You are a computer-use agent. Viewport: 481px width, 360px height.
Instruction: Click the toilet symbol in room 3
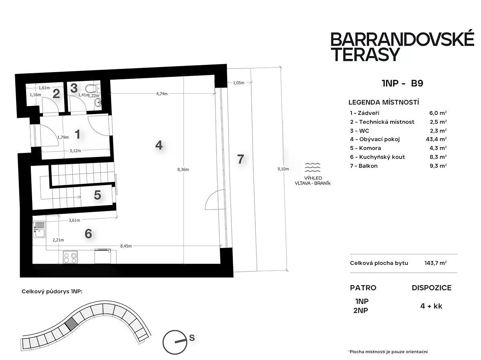pyautogui.click(x=92, y=88)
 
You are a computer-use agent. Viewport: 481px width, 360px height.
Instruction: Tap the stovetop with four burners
pyautogui.click(x=70, y=257)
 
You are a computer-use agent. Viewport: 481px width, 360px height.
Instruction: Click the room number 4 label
pyautogui.click(x=159, y=145)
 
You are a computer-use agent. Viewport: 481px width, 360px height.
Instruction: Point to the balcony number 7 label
pyautogui.click(x=240, y=159)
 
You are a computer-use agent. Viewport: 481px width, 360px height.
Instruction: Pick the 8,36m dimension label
pyautogui.click(x=183, y=169)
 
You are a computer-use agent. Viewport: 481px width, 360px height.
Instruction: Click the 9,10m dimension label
pyautogui.click(x=283, y=169)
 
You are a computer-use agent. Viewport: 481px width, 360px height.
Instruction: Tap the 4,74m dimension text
pyautogui.click(x=162, y=94)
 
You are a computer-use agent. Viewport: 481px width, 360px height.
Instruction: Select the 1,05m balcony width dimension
pyautogui.click(x=238, y=83)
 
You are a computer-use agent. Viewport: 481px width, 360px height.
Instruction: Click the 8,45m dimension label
pyautogui.click(x=126, y=246)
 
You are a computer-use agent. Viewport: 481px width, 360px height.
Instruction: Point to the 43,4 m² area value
pyautogui.click(x=436, y=139)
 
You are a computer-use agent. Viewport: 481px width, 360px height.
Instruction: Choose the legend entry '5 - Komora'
pyautogui.click(x=366, y=148)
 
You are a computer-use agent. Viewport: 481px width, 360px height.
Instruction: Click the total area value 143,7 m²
pyautogui.click(x=435, y=263)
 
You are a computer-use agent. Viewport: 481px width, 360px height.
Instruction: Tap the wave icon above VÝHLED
pyautogui.click(x=313, y=167)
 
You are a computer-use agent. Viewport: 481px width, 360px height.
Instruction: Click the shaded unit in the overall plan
pyautogui.click(x=71, y=324)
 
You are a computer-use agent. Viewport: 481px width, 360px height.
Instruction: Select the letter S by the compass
pyautogui.click(x=192, y=338)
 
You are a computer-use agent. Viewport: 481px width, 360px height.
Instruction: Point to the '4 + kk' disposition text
pyautogui.click(x=431, y=306)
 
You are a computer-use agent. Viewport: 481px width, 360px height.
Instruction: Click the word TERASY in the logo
pyautogui.click(x=365, y=54)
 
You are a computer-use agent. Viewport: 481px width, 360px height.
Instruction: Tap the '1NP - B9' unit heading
pyautogui.click(x=402, y=83)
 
